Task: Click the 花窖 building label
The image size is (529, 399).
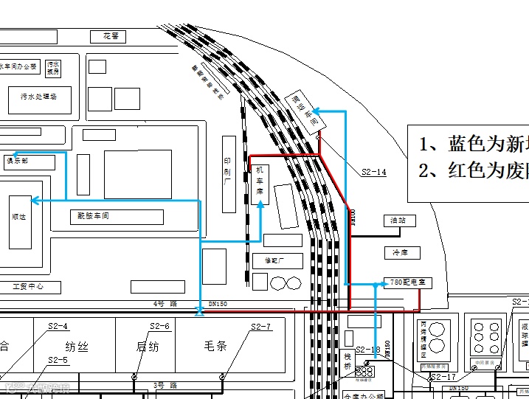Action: [111, 36]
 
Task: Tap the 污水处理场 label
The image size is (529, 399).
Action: [38, 97]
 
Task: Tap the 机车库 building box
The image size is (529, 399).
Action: [260, 184]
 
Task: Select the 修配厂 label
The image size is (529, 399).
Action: [268, 260]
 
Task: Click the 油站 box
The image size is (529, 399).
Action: [399, 221]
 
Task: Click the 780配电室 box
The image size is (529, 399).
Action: [407, 283]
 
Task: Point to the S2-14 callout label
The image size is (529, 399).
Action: [374, 172]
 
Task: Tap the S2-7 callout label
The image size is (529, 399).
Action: [260, 327]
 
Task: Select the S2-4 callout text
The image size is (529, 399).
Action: [58, 326]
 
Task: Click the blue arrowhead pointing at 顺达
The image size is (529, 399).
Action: [35, 200]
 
